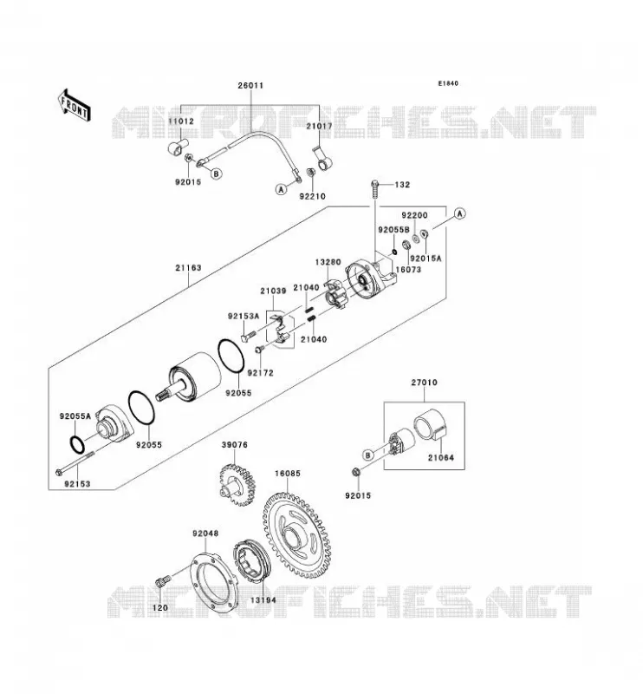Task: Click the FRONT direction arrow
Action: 74,105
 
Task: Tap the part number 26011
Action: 250,85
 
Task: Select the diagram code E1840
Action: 448,83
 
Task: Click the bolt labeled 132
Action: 374,190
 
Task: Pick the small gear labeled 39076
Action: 237,485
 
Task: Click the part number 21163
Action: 188,268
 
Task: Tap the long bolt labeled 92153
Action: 76,462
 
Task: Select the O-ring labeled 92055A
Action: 76,445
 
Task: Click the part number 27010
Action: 424,383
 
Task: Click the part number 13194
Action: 263,600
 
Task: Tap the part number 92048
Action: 205,534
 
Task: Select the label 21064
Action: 440,458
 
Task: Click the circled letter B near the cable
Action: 217,174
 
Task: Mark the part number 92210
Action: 312,197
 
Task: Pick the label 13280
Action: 328,262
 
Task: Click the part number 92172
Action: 261,373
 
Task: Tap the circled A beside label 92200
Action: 460,213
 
